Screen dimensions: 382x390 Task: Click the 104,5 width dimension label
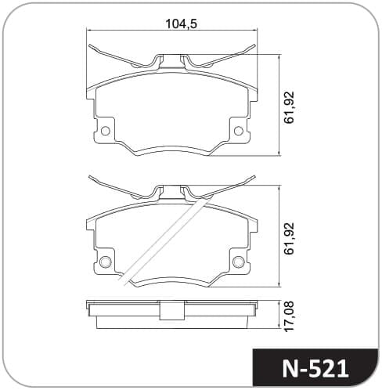(x=182, y=23)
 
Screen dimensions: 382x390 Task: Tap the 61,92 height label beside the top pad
(x=289, y=107)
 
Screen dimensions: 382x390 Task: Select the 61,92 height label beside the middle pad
(x=289, y=238)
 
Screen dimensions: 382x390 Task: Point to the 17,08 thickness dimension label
(x=289, y=316)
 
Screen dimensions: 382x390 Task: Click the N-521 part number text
(x=315, y=369)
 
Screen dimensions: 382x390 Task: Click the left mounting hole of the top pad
(x=106, y=131)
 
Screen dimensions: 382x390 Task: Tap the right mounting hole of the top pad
(x=239, y=131)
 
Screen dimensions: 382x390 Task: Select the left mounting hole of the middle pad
(x=106, y=262)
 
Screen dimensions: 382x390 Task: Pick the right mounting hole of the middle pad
(x=239, y=262)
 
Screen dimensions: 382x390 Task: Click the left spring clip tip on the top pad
(x=89, y=45)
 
